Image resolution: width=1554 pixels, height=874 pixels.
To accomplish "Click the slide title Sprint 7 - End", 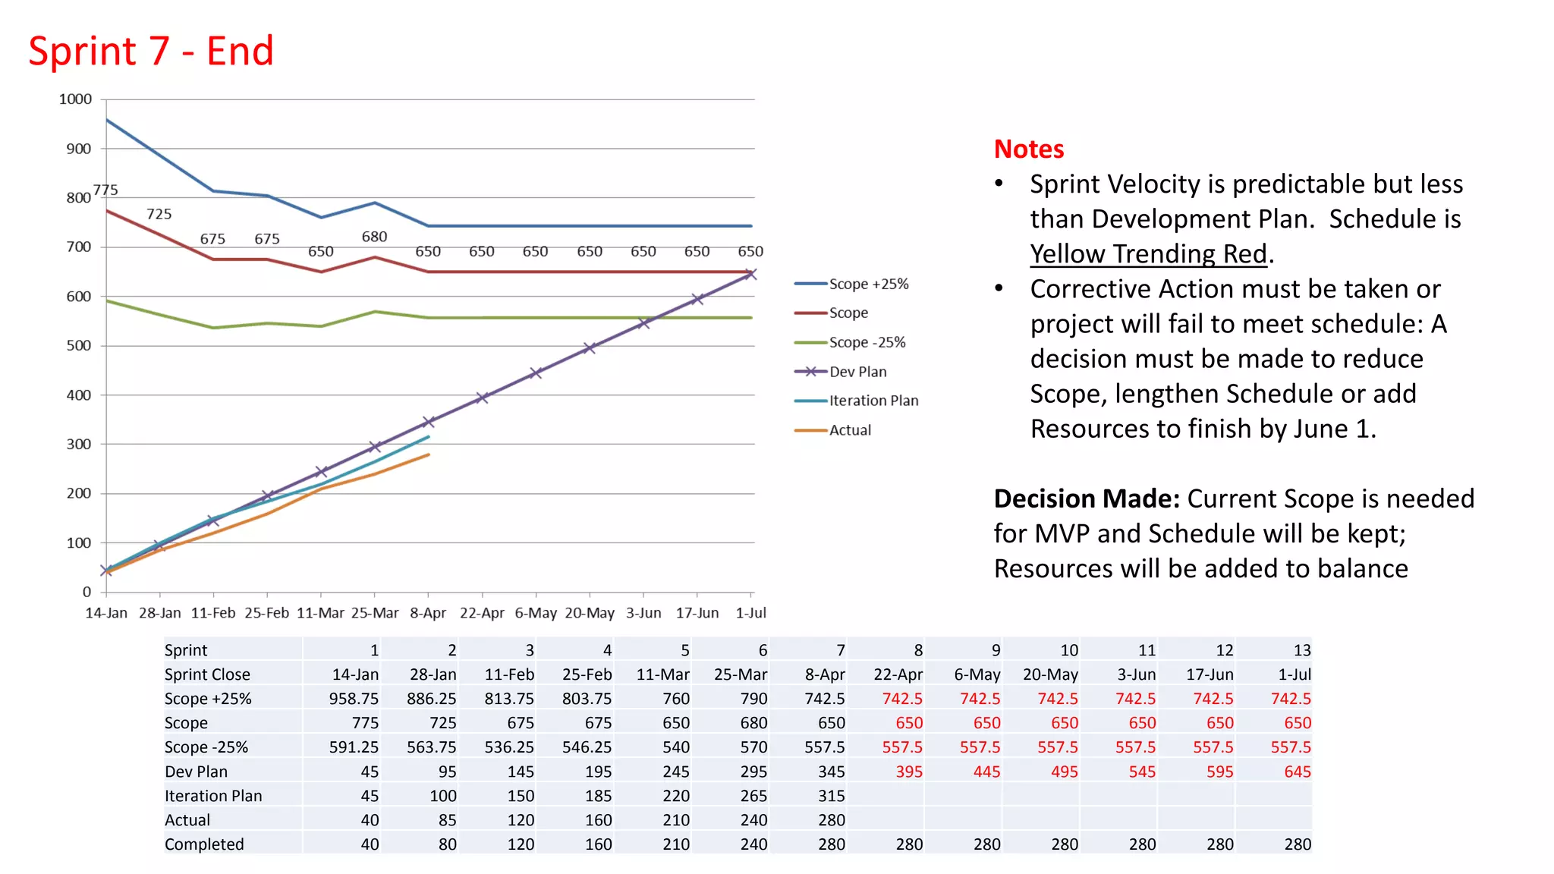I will point(151,52).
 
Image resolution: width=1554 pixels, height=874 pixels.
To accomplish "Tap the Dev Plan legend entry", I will point(857,372).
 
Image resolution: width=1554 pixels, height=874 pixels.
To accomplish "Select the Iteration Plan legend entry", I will point(873,401).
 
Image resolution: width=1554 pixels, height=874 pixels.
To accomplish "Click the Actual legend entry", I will point(850,430).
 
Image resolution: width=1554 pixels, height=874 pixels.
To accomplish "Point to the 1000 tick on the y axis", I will point(75,99).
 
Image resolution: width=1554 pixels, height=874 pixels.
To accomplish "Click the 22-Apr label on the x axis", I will point(482,613).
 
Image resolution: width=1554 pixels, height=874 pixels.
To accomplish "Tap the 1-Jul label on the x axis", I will point(750,613).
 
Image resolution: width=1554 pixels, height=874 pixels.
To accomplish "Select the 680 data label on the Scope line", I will point(374,237).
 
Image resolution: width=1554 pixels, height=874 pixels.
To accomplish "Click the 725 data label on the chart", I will point(159,214).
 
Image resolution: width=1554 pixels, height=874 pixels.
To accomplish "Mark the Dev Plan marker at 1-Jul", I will point(750,274).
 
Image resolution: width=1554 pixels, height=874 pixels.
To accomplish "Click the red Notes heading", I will point(1028,149).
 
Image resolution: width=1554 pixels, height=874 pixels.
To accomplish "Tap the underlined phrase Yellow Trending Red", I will point(1148,253).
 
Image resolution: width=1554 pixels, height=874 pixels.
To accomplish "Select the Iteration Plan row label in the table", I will point(213,796).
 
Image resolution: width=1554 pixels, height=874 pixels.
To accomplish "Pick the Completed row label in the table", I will point(204,844).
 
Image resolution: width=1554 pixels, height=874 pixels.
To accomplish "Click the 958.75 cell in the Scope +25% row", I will point(354,699).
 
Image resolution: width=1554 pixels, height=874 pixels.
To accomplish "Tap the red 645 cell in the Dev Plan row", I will point(1297,772).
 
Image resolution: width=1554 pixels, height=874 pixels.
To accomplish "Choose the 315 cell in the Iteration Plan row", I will point(831,796).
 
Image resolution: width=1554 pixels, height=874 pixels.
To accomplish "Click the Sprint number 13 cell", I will point(1302,650).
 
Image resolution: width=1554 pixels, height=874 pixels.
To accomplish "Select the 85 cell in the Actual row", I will point(447,820).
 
